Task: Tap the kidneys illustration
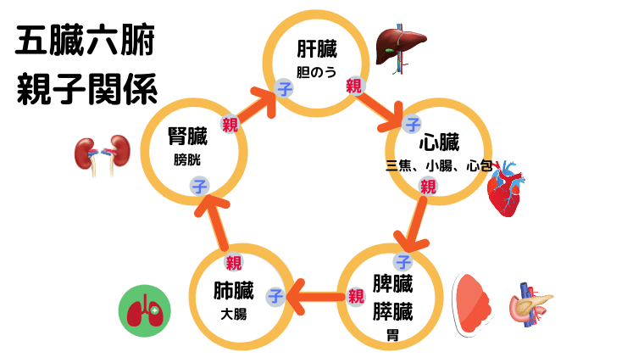(99, 154)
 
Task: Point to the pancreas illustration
(531, 304)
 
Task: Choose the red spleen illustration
(475, 304)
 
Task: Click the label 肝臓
(316, 47)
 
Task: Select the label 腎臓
(189, 136)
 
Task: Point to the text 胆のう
(316, 72)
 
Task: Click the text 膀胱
(188, 159)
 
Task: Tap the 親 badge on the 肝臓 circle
(354, 85)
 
